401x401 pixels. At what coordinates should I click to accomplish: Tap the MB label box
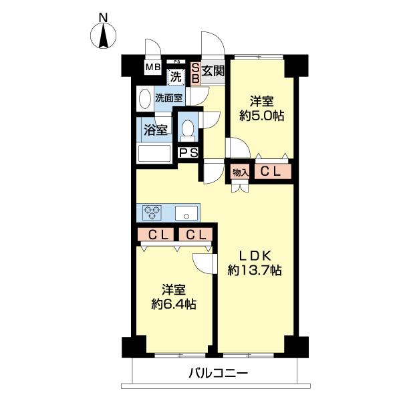[x=153, y=66]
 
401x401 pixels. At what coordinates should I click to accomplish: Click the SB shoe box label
[x=195, y=72]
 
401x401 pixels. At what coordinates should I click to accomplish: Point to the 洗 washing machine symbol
[x=176, y=76]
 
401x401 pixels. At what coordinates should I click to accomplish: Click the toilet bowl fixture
[x=188, y=128]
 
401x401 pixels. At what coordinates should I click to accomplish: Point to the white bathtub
[x=155, y=154]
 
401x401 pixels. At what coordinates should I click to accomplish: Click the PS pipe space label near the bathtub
[x=188, y=153]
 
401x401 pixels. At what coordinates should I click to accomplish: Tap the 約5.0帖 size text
[x=262, y=116]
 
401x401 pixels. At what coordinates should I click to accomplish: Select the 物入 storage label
[x=241, y=172]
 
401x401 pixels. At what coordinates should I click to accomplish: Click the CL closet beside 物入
[x=271, y=172]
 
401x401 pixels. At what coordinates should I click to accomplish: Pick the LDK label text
[x=254, y=255]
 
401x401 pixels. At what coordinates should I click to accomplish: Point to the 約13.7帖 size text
[x=254, y=271]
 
